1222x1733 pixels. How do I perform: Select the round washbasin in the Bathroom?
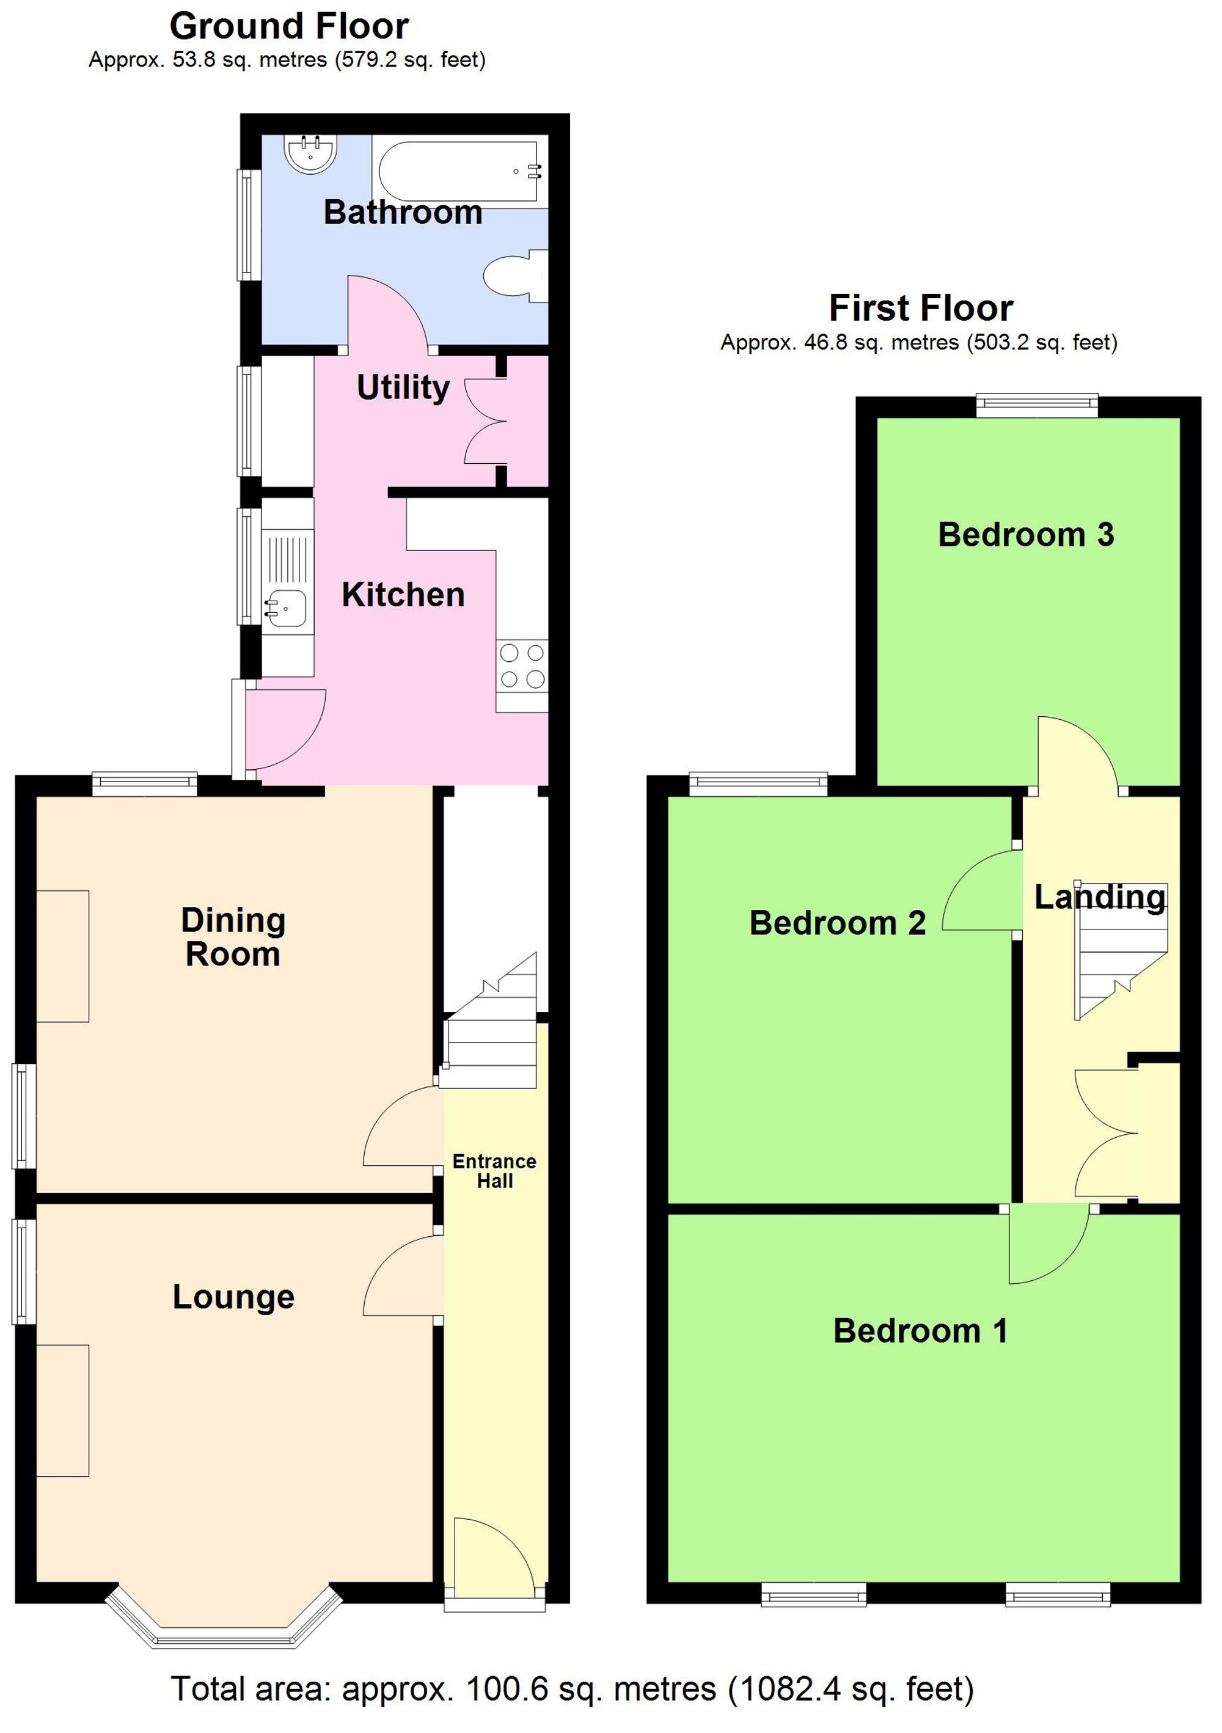coord(310,153)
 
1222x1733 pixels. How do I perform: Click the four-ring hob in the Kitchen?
coord(522,665)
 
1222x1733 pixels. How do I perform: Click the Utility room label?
coord(403,388)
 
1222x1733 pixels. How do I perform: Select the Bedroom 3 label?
coord(1026,535)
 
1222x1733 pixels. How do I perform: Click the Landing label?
coord(1100,898)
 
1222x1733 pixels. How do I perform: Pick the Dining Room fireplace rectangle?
coord(63,956)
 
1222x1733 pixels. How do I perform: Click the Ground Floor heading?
coord(288,27)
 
